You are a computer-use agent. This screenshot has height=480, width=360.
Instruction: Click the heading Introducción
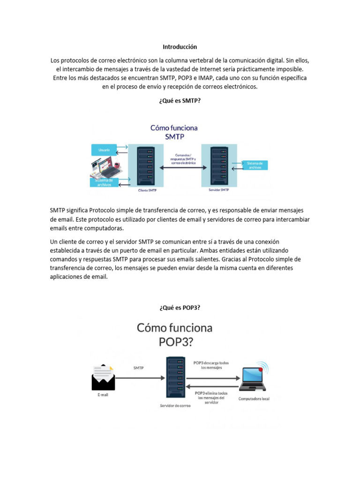click(180, 47)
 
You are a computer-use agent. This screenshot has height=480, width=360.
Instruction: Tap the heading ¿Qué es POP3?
click(180, 307)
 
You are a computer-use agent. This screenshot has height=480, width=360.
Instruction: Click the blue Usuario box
click(104, 150)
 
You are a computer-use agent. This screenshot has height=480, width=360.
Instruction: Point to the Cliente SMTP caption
click(147, 191)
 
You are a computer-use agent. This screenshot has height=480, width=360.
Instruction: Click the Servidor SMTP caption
click(218, 190)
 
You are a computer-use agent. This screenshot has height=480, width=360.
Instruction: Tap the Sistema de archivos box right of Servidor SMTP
click(255, 165)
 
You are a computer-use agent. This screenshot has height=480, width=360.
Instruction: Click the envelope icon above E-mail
click(103, 377)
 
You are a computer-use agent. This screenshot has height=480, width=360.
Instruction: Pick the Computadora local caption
click(254, 398)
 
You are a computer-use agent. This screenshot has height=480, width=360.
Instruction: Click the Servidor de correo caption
click(175, 406)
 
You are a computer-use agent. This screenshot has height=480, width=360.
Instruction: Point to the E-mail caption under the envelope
click(103, 395)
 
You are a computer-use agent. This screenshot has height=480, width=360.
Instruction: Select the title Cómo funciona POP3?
click(174, 334)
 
